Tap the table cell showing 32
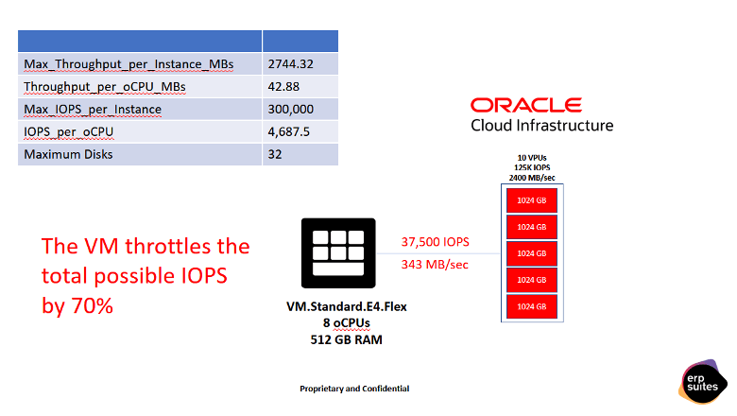point(275,154)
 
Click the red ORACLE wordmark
point(525,105)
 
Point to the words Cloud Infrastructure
point(541,126)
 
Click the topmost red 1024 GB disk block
point(533,200)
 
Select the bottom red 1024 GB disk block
point(533,306)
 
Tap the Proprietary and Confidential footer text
point(354,389)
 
